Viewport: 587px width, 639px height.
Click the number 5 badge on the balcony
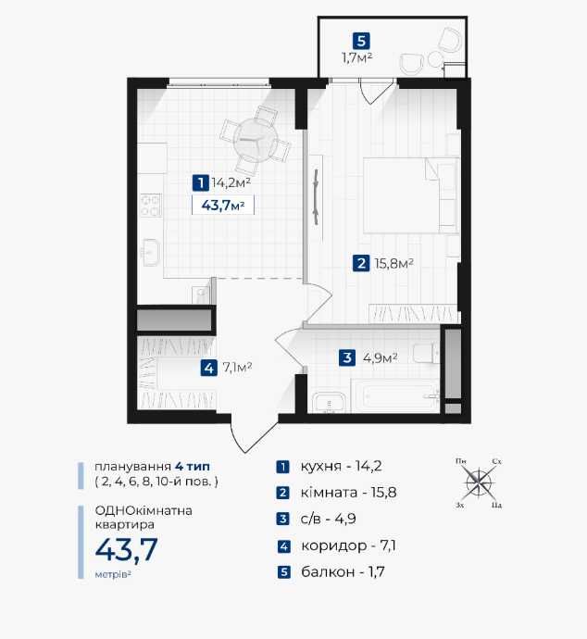pos(361,41)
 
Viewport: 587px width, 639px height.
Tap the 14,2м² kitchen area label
pos(231,182)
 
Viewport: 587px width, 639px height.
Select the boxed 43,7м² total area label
pos(223,205)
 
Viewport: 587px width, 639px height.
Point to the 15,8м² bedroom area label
pos(393,263)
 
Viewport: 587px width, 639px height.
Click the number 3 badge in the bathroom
pos(347,357)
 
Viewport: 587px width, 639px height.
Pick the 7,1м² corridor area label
pos(237,368)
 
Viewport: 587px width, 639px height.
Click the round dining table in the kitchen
pos(256,140)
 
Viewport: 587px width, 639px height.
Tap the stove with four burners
pos(150,205)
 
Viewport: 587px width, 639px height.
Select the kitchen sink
pos(150,253)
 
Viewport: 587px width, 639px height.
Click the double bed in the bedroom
pos(409,195)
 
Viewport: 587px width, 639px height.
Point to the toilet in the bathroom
pos(426,353)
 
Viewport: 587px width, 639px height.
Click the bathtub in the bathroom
pos(395,395)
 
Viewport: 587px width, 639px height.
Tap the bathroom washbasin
pos(329,403)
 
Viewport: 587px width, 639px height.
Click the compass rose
pos(479,483)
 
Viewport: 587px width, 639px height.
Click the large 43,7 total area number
pos(126,549)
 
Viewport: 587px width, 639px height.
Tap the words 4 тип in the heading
pos(193,466)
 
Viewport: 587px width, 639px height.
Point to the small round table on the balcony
pos(435,60)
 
